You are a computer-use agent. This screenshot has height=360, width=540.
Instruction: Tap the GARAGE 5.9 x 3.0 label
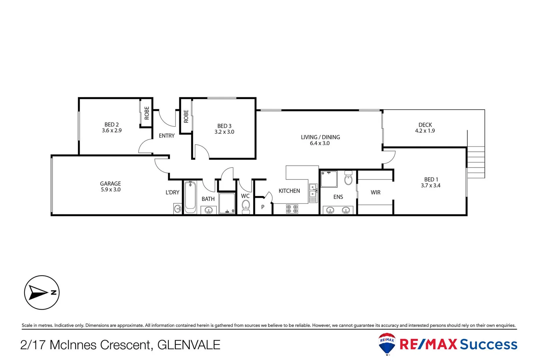click(110, 187)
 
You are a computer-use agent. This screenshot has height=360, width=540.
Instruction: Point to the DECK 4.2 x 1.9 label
click(425, 128)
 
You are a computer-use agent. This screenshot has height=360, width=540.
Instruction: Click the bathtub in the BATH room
click(190, 197)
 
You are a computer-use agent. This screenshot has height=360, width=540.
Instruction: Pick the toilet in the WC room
click(246, 206)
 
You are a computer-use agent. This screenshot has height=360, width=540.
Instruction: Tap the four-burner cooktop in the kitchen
click(292, 209)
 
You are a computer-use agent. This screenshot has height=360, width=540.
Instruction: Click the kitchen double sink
click(313, 191)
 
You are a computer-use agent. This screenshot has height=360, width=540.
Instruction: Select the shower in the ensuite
click(329, 179)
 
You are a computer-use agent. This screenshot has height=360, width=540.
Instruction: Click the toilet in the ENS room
click(348, 179)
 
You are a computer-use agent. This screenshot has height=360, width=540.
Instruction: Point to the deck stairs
click(476, 162)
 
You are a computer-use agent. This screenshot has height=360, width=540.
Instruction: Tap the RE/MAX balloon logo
click(387, 343)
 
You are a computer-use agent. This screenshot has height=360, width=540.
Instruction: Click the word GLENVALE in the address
click(189, 345)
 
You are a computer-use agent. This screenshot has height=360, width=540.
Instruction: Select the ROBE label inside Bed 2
click(147, 113)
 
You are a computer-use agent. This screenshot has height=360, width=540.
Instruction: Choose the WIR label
click(375, 192)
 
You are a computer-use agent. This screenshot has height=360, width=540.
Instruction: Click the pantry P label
click(263, 207)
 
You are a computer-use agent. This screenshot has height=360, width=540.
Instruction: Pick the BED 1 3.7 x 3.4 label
click(431, 182)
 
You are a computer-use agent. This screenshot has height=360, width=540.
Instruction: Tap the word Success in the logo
click(488, 344)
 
